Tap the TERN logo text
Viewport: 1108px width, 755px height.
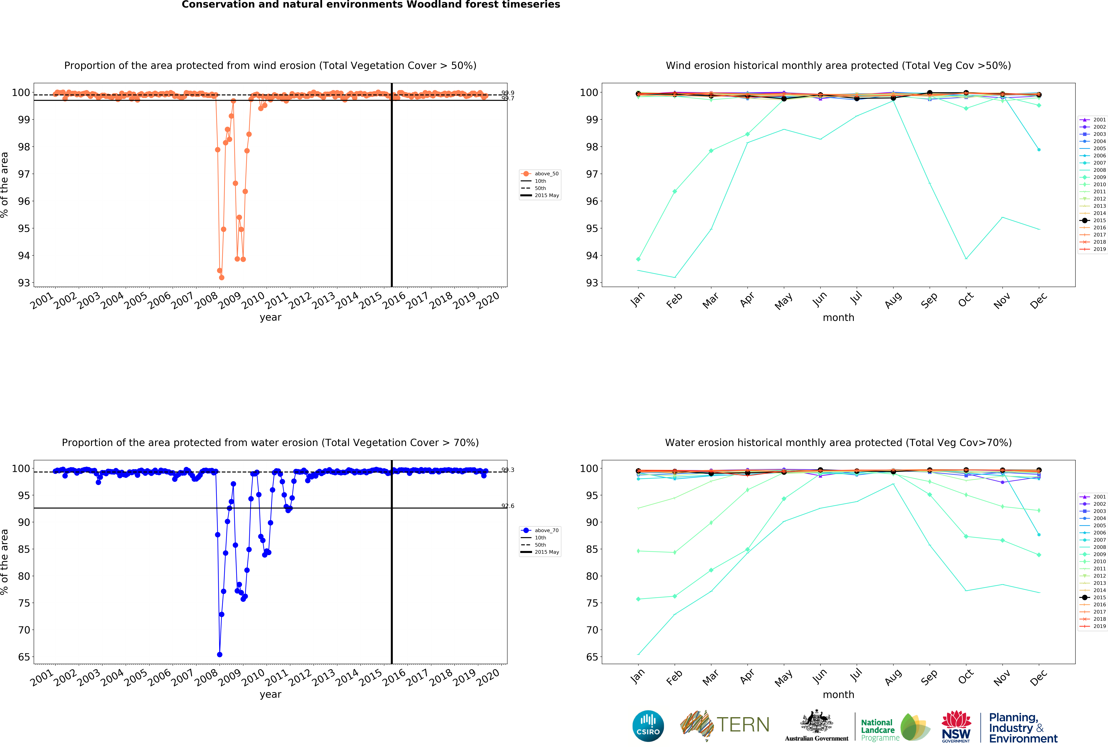(743, 725)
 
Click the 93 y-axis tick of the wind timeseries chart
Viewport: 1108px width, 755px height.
(24, 283)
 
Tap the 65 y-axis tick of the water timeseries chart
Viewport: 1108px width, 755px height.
(24, 657)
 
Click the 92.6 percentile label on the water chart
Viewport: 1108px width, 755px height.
(508, 506)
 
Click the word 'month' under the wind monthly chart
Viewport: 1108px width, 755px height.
(838, 317)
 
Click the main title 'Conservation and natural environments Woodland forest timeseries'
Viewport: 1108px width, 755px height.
(371, 5)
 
